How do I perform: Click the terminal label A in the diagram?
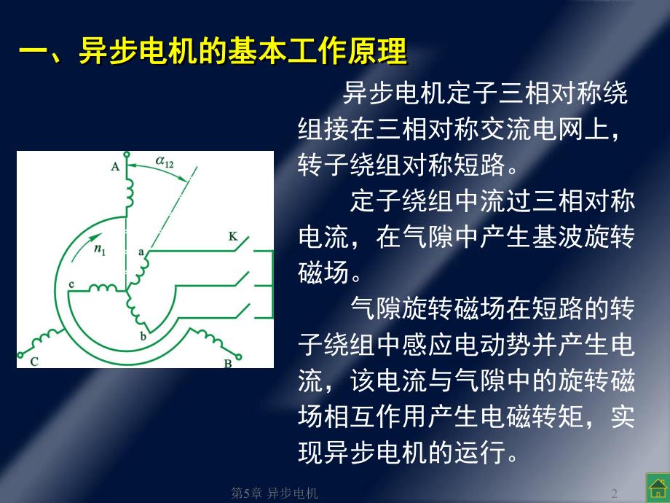click(114, 167)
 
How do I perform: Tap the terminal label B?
click(228, 362)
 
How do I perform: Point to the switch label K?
click(232, 236)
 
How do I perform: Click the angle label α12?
click(165, 162)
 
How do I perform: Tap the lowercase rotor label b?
click(143, 337)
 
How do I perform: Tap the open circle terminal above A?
click(126, 155)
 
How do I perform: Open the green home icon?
click(655, 486)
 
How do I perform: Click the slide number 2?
click(615, 493)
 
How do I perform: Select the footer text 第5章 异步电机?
click(275, 494)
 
